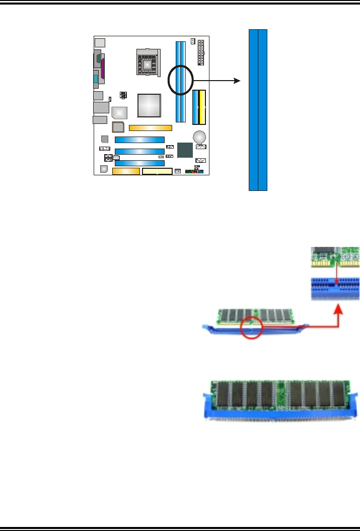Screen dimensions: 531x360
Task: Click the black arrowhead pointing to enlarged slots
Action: [237, 81]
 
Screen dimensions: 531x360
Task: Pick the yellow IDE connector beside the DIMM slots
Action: [201, 107]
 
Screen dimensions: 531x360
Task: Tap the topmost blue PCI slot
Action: [139, 140]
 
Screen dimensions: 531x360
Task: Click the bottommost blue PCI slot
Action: [139, 163]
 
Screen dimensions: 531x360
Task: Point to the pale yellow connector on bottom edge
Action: [157, 172]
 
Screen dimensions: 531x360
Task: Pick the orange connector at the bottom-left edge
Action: [125, 171]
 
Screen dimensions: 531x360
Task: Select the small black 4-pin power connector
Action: [123, 95]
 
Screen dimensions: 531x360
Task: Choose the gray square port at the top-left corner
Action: [100, 42]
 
